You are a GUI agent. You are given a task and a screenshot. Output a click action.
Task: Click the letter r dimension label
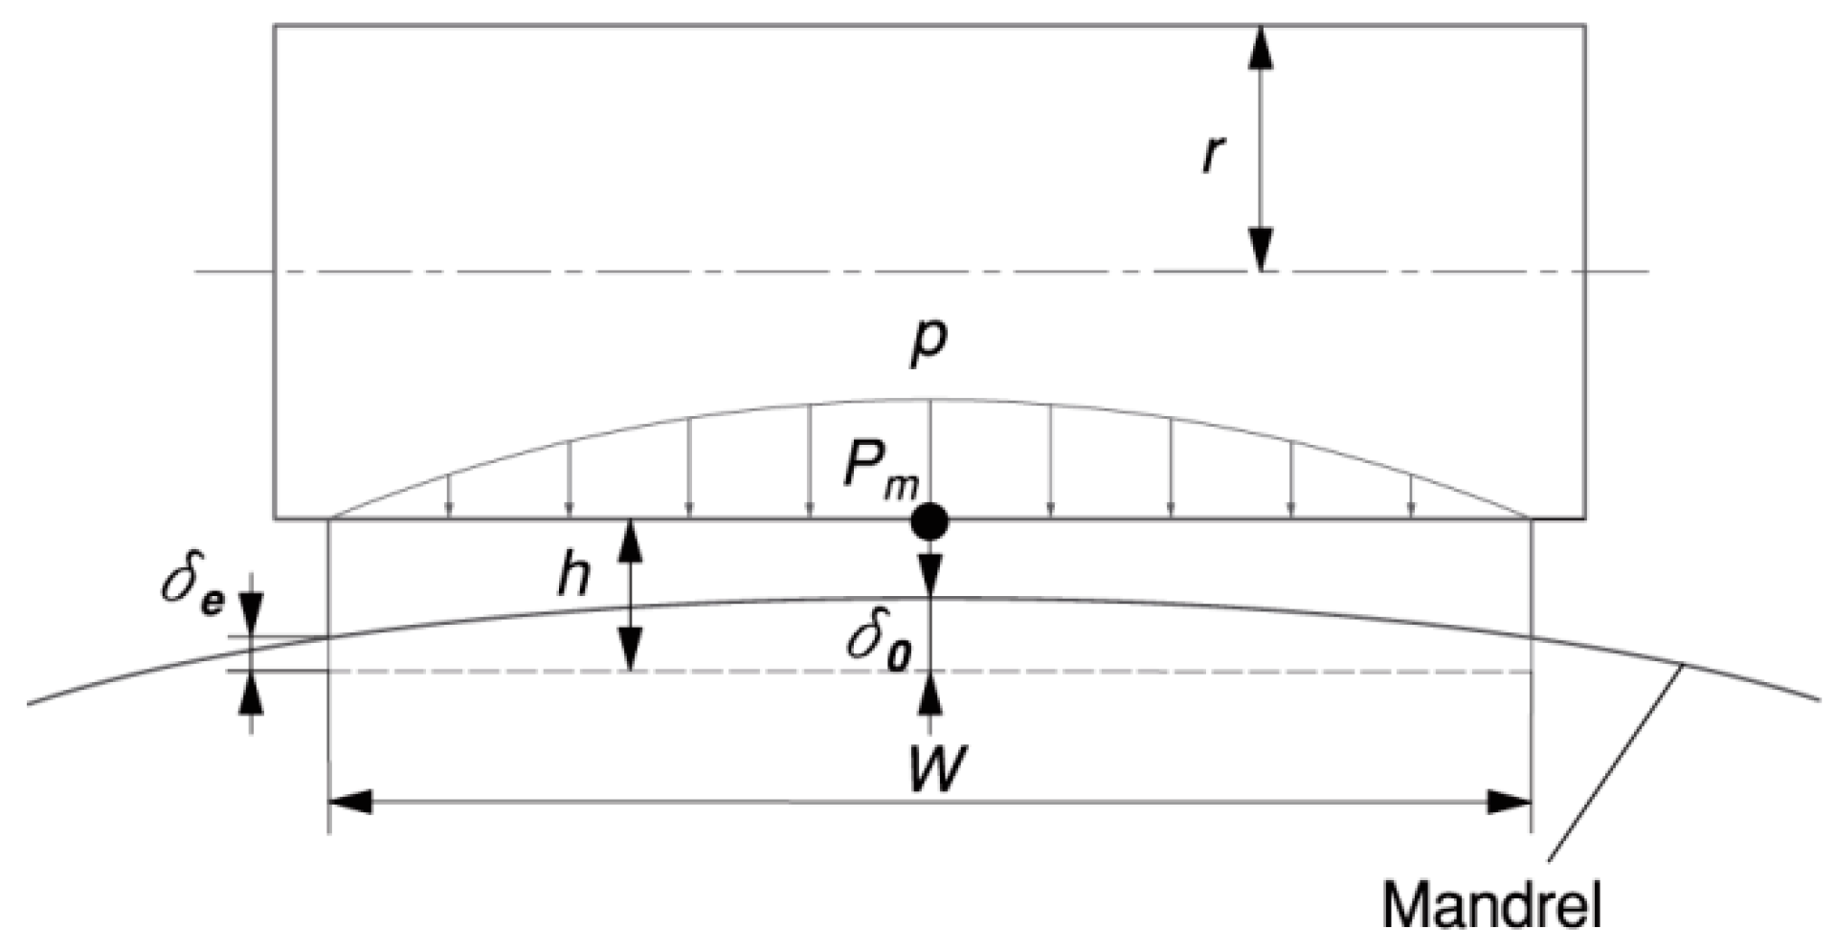1213,154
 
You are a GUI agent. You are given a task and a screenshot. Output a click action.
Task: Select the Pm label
879,472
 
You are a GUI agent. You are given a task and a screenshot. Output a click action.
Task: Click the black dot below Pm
929,522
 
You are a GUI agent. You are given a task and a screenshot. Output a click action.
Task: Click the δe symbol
192,585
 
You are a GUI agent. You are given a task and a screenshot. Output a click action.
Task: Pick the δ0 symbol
878,643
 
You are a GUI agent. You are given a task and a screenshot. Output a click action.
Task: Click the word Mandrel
1491,904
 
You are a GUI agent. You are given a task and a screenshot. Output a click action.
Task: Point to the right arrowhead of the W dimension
1509,802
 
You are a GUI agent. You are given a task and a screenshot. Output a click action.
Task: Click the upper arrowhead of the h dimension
630,541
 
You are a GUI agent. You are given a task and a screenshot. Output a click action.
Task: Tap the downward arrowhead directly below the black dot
929,574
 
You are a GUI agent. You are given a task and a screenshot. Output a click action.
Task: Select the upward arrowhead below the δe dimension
251,695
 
